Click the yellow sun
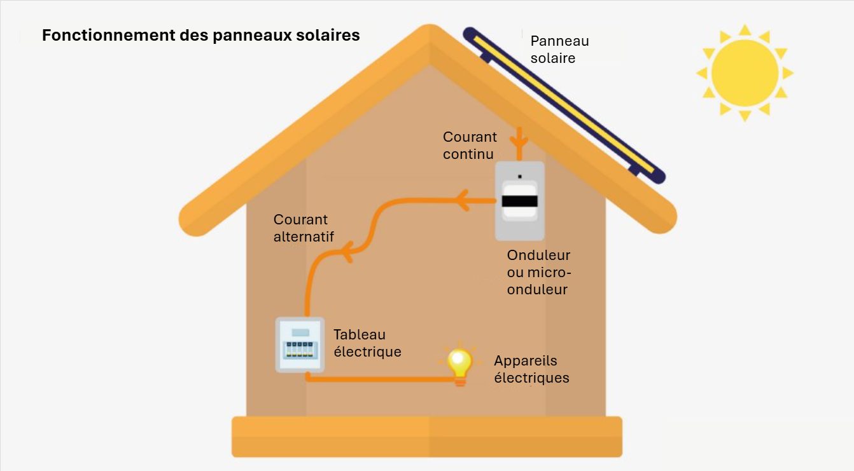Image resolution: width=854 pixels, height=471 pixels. (745, 73)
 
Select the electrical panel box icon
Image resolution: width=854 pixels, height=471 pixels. (300, 345)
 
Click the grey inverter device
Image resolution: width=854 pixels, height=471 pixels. (520, 201)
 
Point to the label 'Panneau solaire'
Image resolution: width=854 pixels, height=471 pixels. (559, 50)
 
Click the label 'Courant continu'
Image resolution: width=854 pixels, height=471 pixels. (470, 145)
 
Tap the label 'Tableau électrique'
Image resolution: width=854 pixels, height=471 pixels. (367, 343)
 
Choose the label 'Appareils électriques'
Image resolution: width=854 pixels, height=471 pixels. (531, 369)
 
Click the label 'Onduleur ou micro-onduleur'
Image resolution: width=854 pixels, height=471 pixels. (538, 272)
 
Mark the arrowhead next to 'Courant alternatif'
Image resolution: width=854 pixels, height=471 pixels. (347, 255)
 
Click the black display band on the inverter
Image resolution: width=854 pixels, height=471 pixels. (520, 201)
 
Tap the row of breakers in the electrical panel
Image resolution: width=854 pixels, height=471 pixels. (300, 349)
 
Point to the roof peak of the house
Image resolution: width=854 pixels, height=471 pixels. (430, 35)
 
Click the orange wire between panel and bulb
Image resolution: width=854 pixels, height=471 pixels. (382, 379)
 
